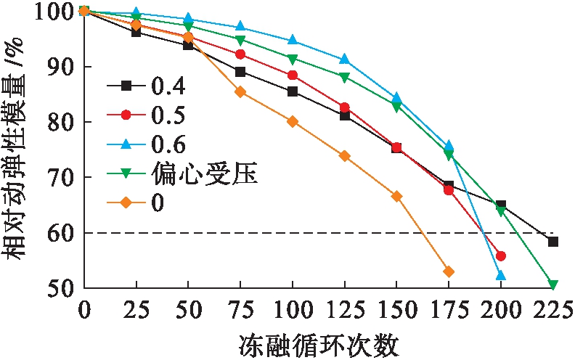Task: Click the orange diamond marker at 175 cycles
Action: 449,271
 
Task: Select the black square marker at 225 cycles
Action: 553,242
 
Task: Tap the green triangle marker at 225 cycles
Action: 553,285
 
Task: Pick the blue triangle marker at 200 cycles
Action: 500,275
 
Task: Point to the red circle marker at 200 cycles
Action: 501,256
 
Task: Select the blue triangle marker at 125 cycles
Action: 344,59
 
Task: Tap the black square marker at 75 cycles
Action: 240,72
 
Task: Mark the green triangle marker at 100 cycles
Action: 293,60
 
